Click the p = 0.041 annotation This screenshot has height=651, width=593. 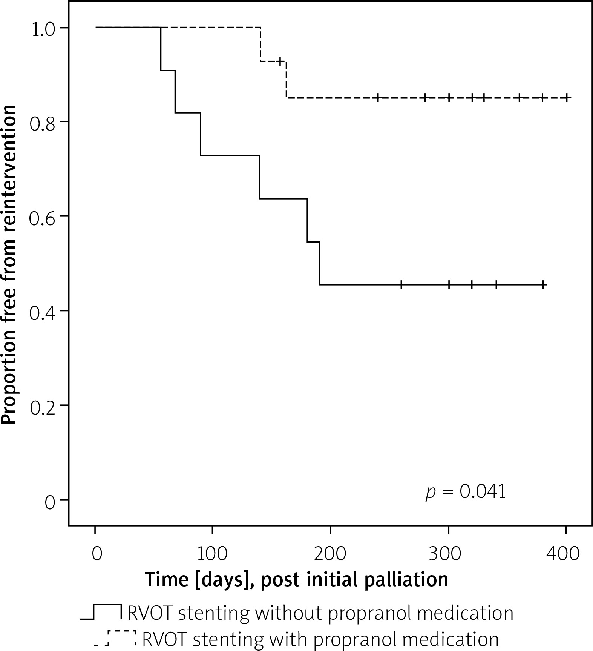(465, 492)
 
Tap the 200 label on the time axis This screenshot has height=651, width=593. (330, 554)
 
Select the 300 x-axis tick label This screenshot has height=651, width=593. (448, 554)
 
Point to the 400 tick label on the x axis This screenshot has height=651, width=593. (566, 554)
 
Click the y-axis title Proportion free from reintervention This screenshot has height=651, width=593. (9, 264)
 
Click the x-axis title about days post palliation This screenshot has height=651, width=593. (297, 579)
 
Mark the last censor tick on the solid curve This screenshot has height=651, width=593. (542, 285)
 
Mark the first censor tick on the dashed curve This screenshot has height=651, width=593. (280, 61)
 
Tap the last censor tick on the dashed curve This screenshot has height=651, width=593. (566, 98)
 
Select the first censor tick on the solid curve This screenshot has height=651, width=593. (401, 285)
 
